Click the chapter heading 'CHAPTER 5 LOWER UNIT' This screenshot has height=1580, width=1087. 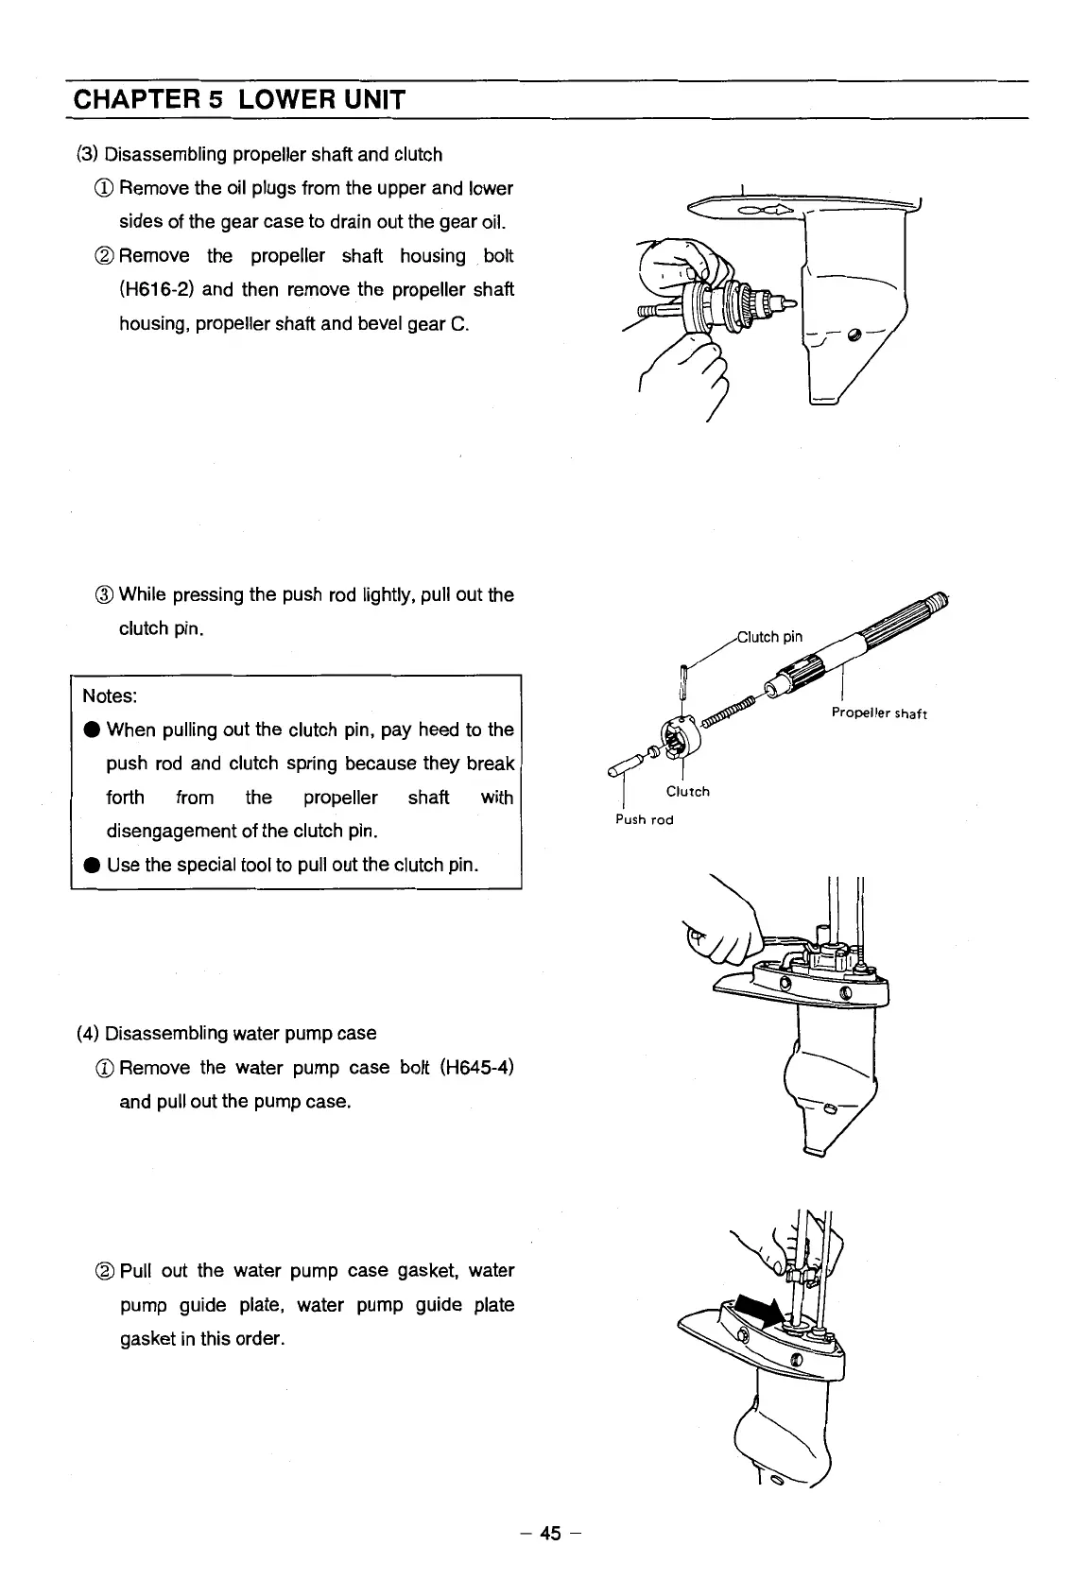(x=238, y=99)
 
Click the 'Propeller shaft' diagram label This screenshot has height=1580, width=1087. (x=879, y=713)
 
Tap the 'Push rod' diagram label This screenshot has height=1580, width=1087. (x=644, y=819)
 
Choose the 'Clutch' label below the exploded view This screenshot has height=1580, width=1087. (x=687, y=792)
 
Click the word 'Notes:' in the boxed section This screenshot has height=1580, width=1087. (x=110, y=696)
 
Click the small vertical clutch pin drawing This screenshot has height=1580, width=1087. (x=682, y=678)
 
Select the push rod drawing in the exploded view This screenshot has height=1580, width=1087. (x=628, y=765)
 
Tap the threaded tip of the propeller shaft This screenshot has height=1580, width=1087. (x=939, y=598)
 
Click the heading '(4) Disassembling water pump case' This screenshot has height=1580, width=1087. (x=226, y=1034)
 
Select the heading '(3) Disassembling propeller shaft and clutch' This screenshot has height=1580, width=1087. (x=259, y=154)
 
